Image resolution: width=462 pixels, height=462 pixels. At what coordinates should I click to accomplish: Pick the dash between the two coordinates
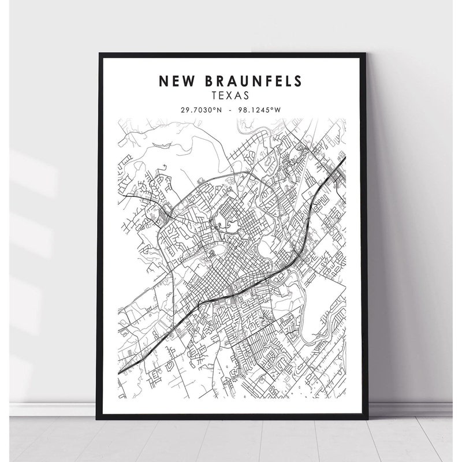230,109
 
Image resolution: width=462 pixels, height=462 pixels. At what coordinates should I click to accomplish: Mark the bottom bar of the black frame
231,415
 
